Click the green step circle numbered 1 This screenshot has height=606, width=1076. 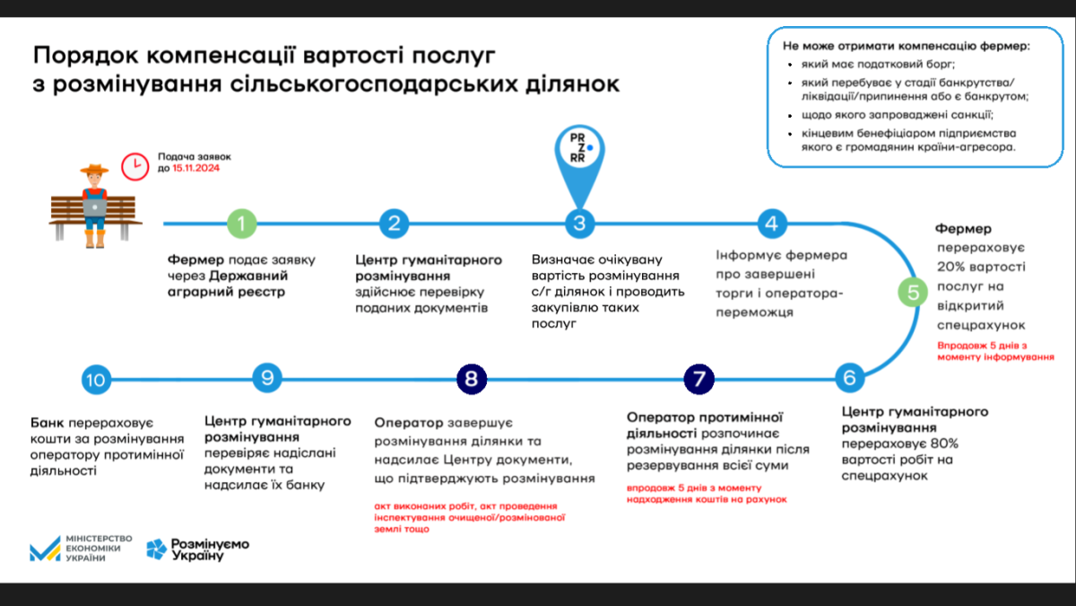coord(241,223)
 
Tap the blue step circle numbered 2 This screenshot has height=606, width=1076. coord(394,223)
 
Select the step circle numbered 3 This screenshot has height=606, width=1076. coord(579,224)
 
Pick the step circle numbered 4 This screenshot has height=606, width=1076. coord(771,223)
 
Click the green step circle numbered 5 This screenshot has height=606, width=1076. coord(914,292)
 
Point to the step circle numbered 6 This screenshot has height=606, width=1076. coord(849,378)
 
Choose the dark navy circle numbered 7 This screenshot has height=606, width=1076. coord(699,379)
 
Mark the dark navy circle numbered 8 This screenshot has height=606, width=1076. coord(472,379)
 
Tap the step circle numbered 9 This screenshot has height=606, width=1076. coord(265,378)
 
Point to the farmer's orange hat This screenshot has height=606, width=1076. coord(93,169)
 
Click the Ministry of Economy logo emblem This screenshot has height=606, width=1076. coord(45,549)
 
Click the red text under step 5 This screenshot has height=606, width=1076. coord(994,350)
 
